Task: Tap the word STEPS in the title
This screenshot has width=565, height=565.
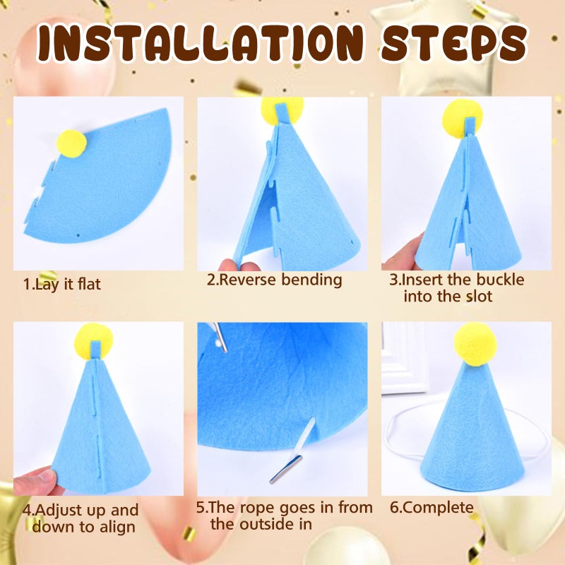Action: (454, 42)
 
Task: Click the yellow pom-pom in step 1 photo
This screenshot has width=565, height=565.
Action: (72, 144)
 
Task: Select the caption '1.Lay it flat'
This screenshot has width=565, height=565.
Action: (61, 284)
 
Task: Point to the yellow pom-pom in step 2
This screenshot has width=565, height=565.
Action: (282, 110)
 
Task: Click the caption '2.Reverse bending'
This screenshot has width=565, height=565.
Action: (274, 280)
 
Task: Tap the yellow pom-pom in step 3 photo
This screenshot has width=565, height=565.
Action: (463, 119)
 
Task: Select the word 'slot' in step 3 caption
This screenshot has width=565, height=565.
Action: (479, 296)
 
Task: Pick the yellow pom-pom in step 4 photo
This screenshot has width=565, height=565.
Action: (94, 341)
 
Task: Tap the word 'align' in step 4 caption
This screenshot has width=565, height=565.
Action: (117, 527)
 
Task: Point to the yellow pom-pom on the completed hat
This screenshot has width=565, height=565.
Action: (472, 343)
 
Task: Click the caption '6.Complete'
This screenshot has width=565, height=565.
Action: (432, 508)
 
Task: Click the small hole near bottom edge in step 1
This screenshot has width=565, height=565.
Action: (78, 235)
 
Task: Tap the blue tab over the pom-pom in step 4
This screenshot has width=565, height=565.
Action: (95, 350)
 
